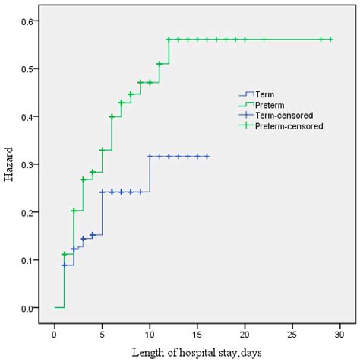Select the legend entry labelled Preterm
pos(270,105)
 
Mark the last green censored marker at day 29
pos(331,40)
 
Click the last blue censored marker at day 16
pos(207,156)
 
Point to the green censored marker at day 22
pos(264,40)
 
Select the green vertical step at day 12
pos(169,51)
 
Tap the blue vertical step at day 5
pos(102,213)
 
